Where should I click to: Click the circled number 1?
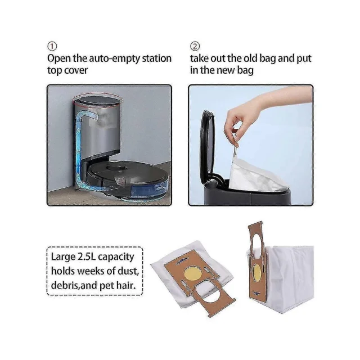tap(52, 46)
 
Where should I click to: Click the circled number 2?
tap(195, 46)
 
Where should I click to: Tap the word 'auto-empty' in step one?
tap(114, 58)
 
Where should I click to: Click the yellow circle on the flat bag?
tap(193, 273)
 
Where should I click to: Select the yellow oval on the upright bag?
tap(257, 274)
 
